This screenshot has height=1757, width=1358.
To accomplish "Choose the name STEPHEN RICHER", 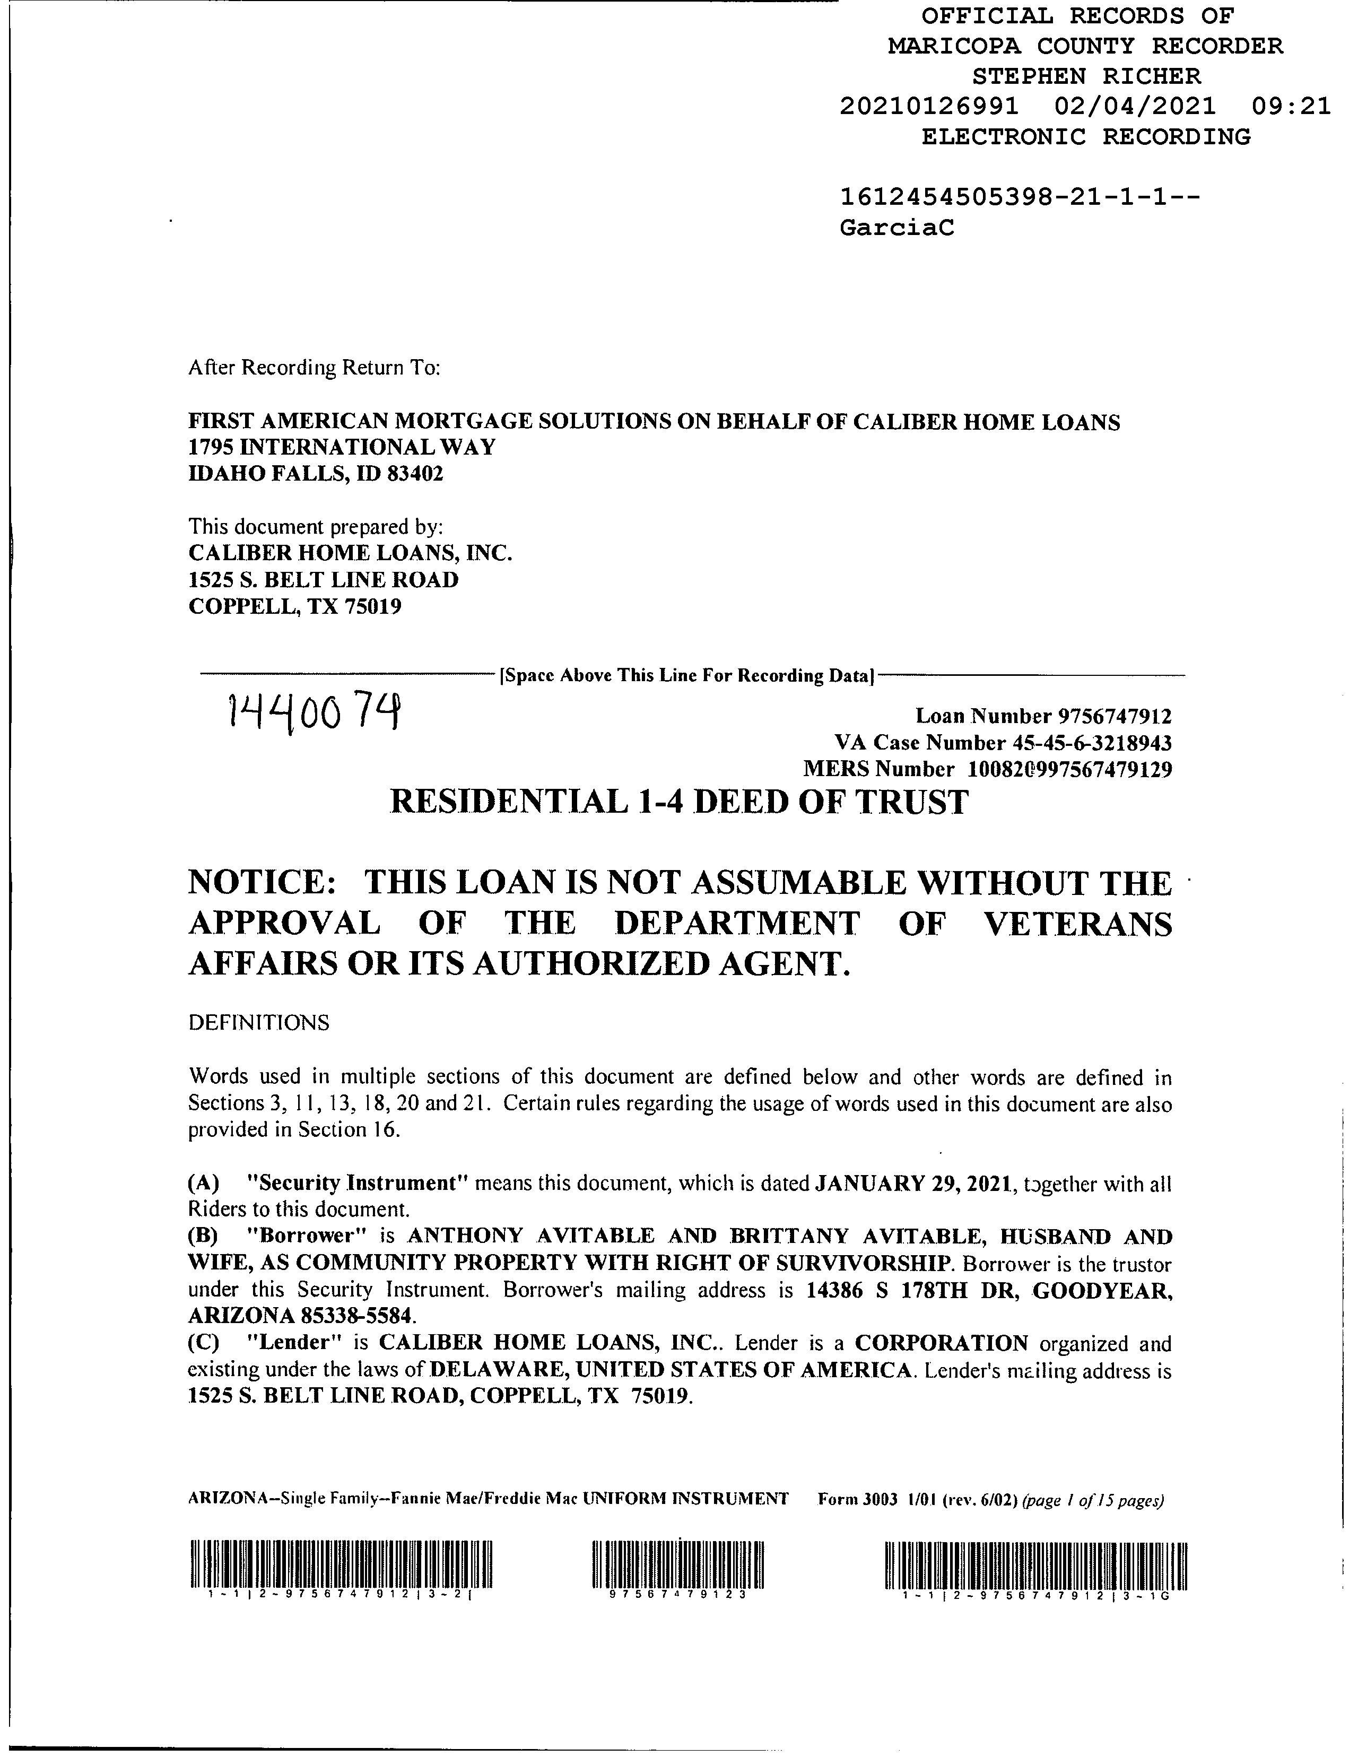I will [1086, 76].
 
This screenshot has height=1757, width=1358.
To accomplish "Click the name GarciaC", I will [897, 229].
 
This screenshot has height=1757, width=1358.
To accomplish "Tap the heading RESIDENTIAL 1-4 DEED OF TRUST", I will [678, 802].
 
